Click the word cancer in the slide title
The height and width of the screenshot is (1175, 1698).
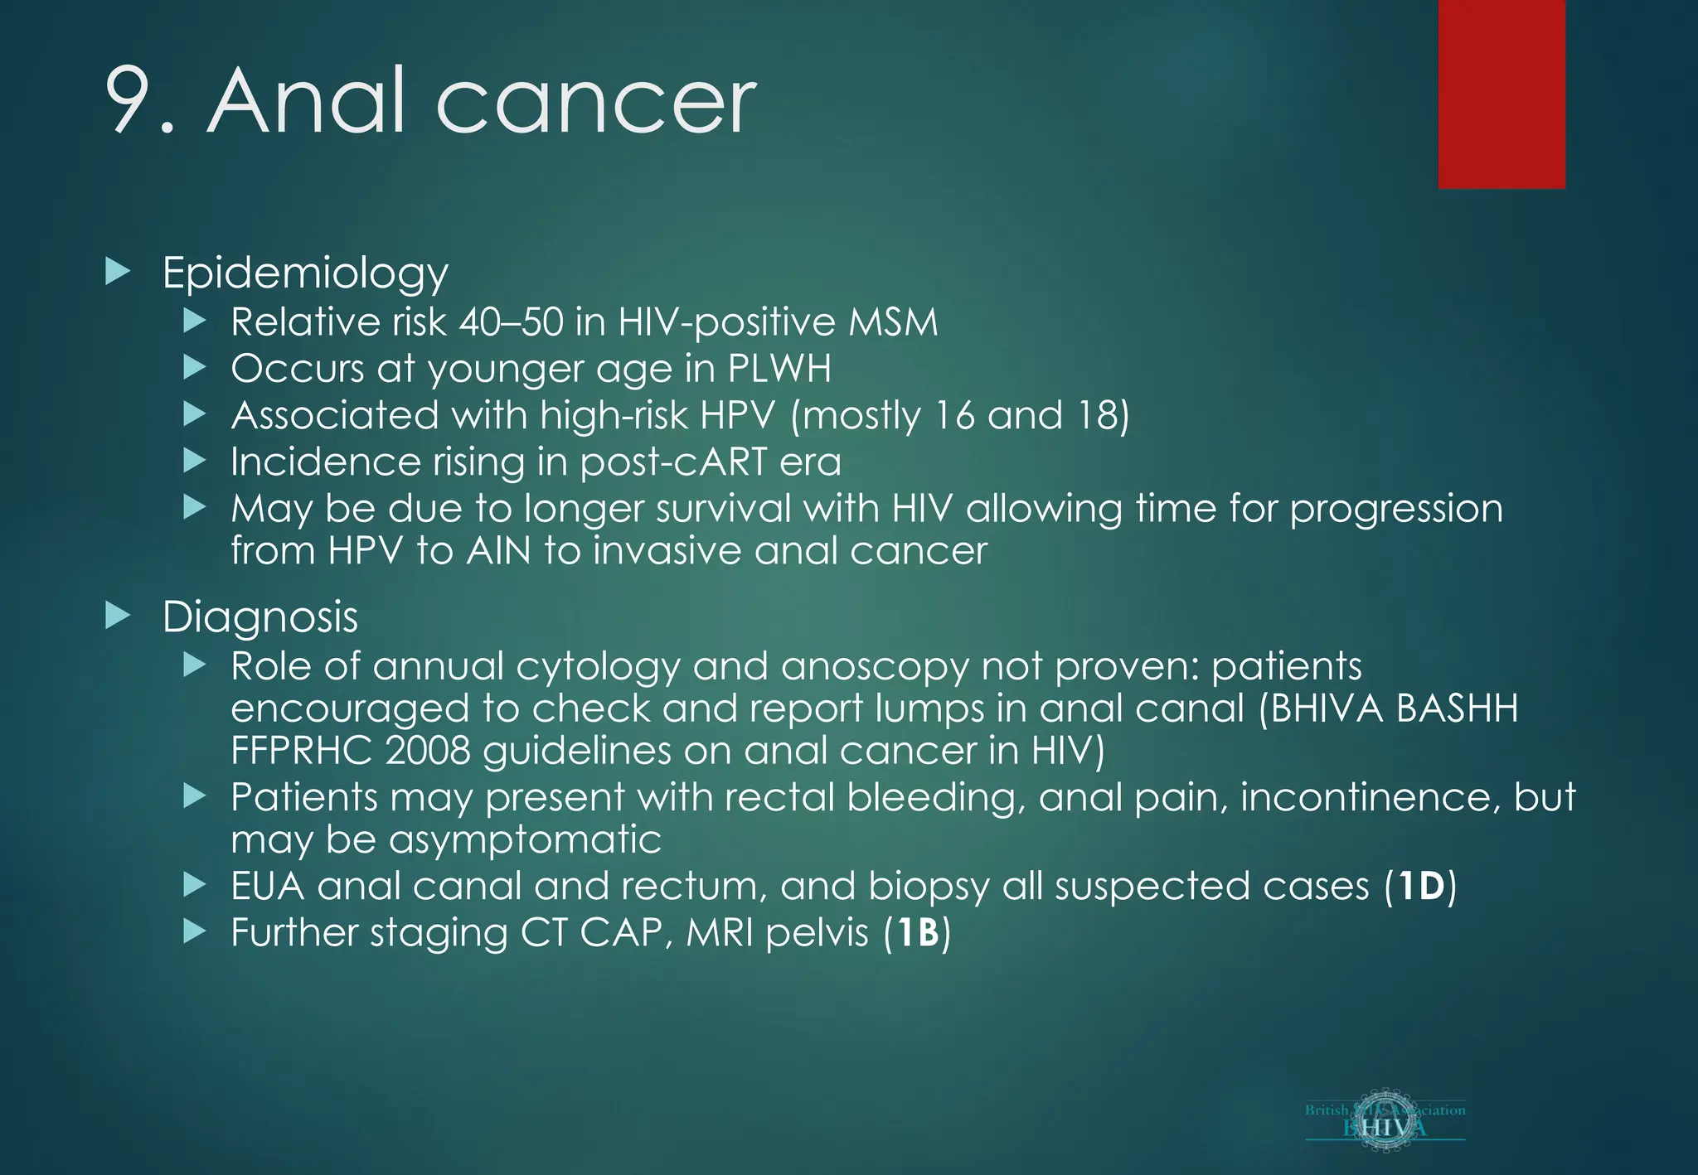pyautogui.click(x=594, y=104)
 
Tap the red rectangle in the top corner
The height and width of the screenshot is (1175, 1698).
pyautogui.click(x=1501, y=94)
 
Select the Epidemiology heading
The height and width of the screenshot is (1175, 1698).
pyautogui.click(x=304, y=273)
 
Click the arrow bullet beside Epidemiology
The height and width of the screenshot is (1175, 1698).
pyautogui.click(x=119, y=272)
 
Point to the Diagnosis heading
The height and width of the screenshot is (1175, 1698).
pyautogui.click(x=260, y=617)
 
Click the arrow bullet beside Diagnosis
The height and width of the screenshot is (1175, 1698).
pyautogui.click(x=119, y=616)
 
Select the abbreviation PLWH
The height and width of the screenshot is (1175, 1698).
pyautogui.click(x=779, y=369)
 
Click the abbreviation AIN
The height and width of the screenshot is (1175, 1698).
pyautogui.click(x=498, y=551)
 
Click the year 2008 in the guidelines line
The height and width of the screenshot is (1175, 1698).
pyautogui.click(x=427, y=751)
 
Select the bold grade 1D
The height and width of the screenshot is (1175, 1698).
pyautogui.click(x=1420, y=887)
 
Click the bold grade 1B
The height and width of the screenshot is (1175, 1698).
pyautogui.click(x=917, y=933)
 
